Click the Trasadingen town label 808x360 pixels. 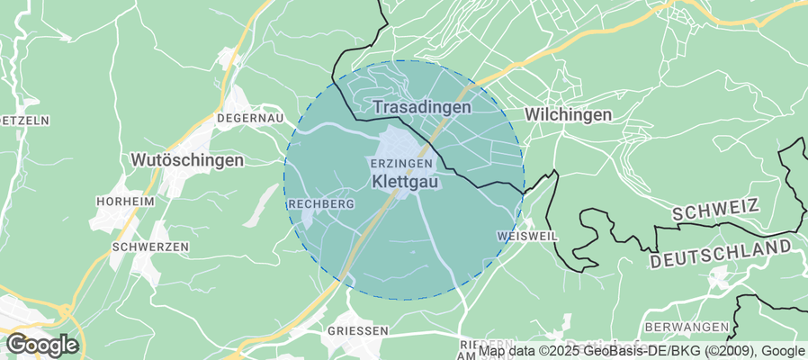(x=422, y=107)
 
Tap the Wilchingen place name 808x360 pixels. (x=568, y=115)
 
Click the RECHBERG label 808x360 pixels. (x=321, y=204)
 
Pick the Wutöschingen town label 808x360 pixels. (x=187, y=160)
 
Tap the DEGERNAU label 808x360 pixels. (x=250, y=118)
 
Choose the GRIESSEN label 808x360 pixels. (x=358, y=330)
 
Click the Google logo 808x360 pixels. (x=41, y=344)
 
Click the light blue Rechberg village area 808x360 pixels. (x=308, y=217)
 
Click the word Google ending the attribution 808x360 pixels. (x=784, y=351)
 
